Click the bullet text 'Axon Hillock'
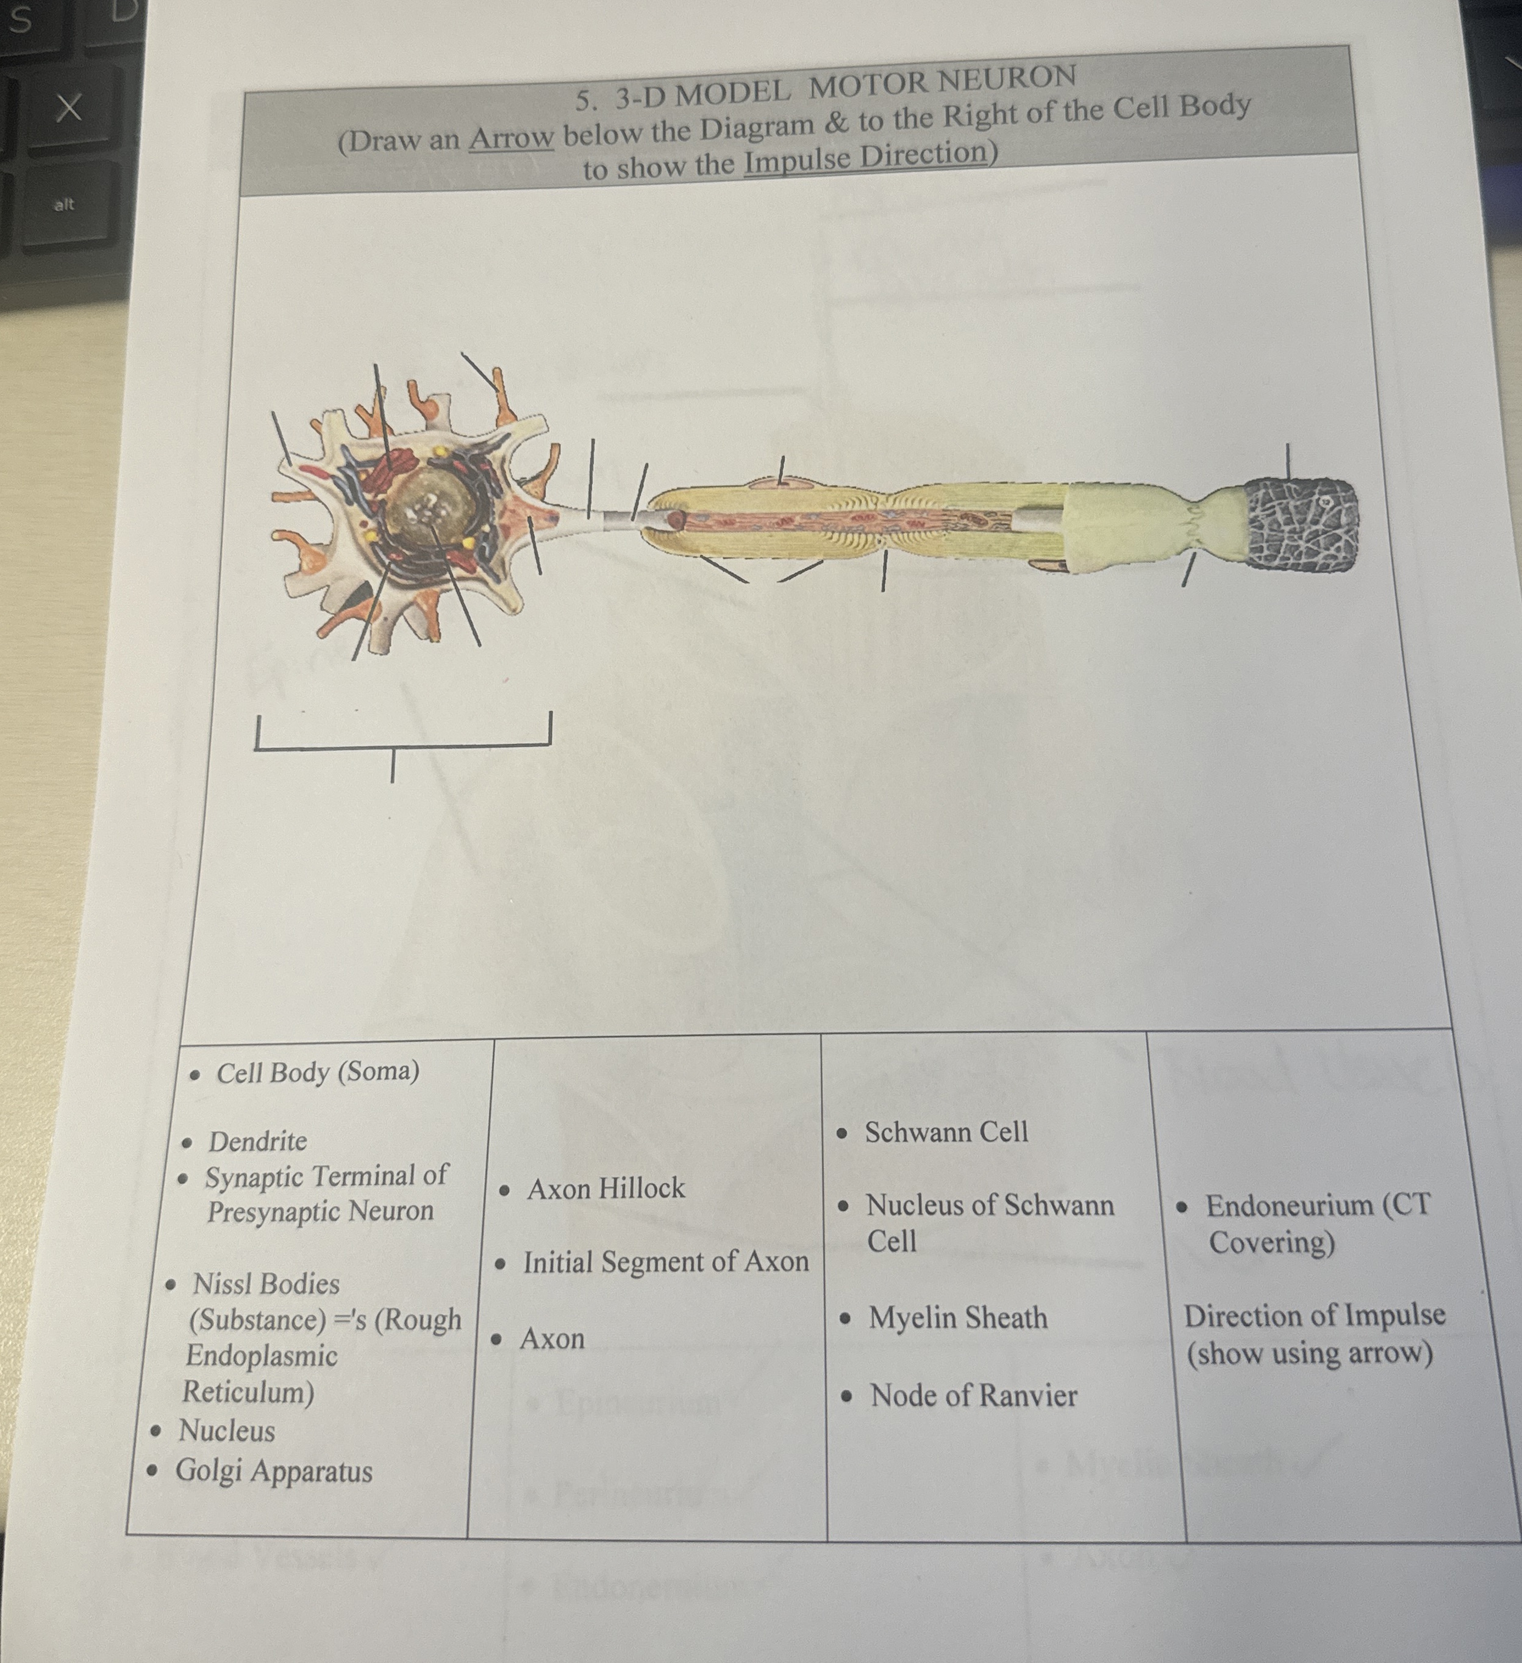(x=606, y=1189)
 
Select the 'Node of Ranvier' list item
(x=973, y=1396)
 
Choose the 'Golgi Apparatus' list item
(x=273, y=1472)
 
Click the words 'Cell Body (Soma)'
(x=318, y=1071)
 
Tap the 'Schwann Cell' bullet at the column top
(x=945, y=1132)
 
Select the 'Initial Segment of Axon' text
(x=665, y=1261)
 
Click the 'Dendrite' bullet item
(x=257, y=1142)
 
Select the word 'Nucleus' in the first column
(x=226, y=1431)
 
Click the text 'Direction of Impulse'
(x=1314, y=1315)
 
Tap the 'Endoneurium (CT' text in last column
(x=1317, y=1205)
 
